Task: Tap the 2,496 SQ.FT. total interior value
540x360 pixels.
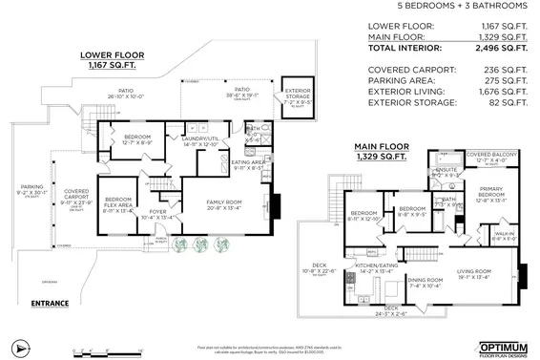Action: point(501,47)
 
